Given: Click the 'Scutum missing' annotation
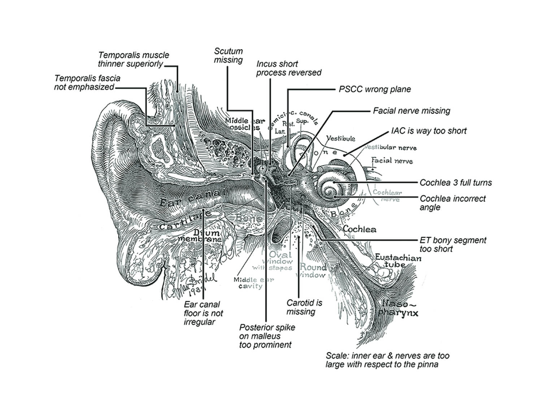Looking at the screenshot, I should click(228, 56).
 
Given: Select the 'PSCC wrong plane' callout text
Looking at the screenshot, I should click(374, 89).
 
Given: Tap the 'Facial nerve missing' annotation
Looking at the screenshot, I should click(411, 111).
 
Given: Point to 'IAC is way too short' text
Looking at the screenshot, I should click(429, 131).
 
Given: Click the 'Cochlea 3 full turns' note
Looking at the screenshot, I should click(455, 183).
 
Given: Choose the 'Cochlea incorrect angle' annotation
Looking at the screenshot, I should click(452, 203).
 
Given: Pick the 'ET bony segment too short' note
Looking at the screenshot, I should click(452, 244).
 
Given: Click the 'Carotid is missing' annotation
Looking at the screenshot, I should click(304, 307).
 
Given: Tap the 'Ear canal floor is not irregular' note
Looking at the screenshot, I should click(203, 313).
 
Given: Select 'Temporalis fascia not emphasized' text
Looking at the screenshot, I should click(87, 82).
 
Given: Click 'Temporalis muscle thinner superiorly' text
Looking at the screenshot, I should click(133, 60).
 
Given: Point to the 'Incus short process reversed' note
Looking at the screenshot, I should click(289, 68).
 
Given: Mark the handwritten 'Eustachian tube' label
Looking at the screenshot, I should click(398, 261).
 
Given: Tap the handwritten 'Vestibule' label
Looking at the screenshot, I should click(341, 138).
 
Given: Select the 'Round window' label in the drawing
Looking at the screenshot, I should click(313, 271).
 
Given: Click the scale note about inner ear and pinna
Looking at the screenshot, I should click(387, 360).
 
